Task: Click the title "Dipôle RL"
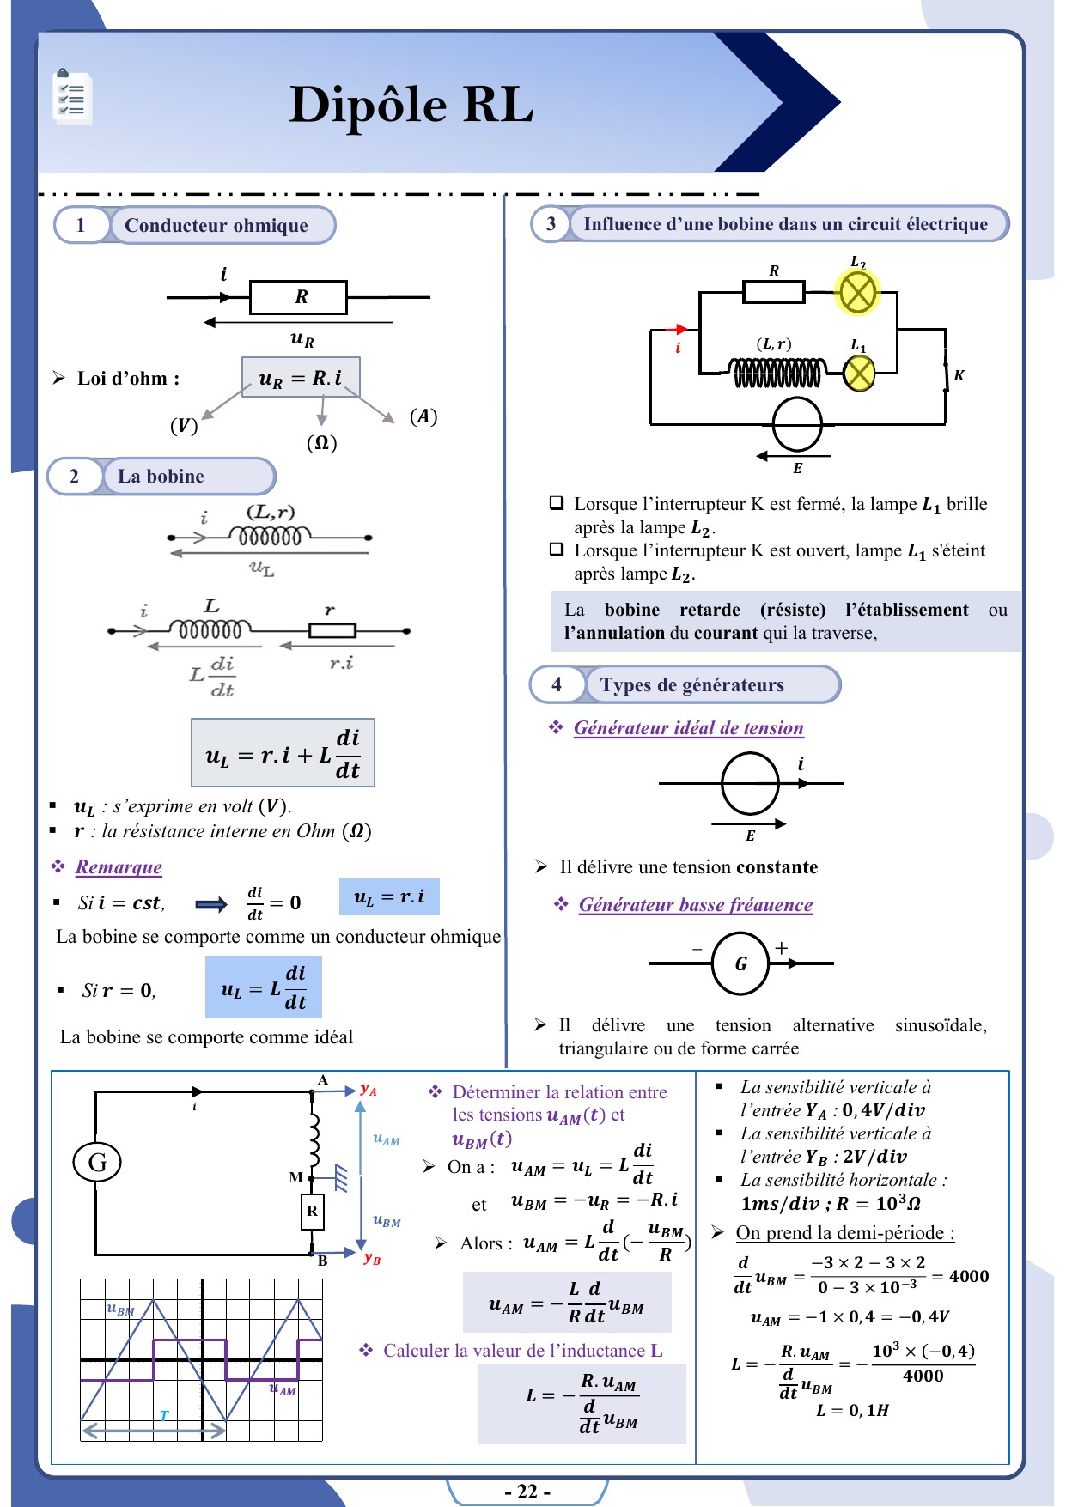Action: (x=411, y=105)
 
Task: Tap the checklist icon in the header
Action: (x=71, y=98)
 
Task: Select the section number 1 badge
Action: (x=81, y=225)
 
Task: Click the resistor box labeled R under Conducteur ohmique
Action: (x=299, y=297)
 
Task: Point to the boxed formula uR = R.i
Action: (x=301, y=378)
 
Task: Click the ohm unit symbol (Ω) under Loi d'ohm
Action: (x=322, y=443)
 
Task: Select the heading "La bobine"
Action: (x=161, y=477)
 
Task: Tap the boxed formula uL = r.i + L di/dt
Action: (x=283, y=753)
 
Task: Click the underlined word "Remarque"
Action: (x=119, y=867)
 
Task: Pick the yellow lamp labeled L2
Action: (x=856, y=293)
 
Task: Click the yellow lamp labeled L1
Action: (x=859, y=373)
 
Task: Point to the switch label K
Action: (x=959, y=375)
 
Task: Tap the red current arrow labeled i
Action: (x=678, y=330)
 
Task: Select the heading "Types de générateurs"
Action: (x=691, y=685)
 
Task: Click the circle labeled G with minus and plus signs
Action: (x=740, y=963)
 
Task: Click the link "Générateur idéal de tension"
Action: (x=688, y=728)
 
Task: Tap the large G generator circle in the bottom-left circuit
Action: (x=97, y=1163)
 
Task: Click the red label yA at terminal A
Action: (x=369, y=1089)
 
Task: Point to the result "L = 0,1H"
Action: (x=852, y=1410)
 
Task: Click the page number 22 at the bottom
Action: (x=527, y=1492)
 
